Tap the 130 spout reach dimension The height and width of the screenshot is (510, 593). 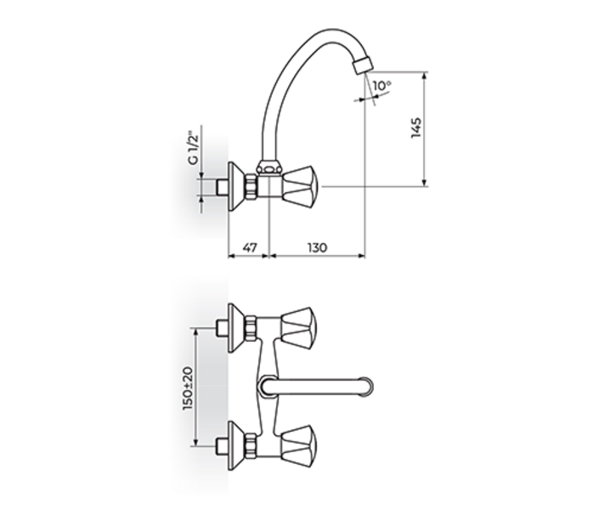coord(316,247)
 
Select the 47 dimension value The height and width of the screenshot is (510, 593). coord(249,247)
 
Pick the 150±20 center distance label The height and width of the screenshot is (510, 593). coord(188,387)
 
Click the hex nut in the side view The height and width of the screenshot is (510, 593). coord(252,186)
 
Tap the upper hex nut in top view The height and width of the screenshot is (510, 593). coord(251,326)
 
